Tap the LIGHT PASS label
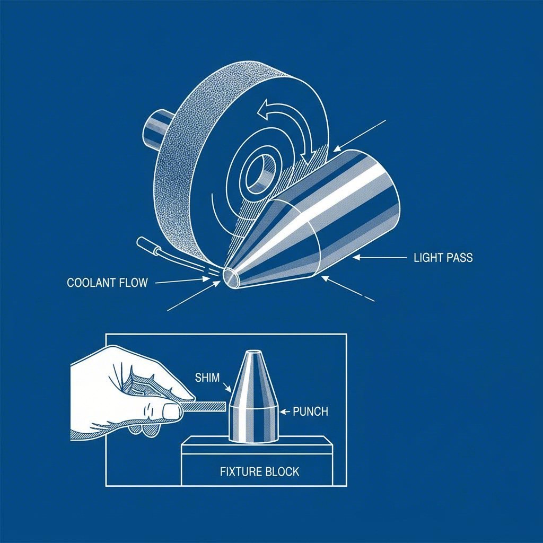coord(442,258)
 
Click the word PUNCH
coord(310,411)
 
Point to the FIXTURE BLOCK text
coord(259,471)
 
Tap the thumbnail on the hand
coord(171,411)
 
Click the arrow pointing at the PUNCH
coord(285,411)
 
